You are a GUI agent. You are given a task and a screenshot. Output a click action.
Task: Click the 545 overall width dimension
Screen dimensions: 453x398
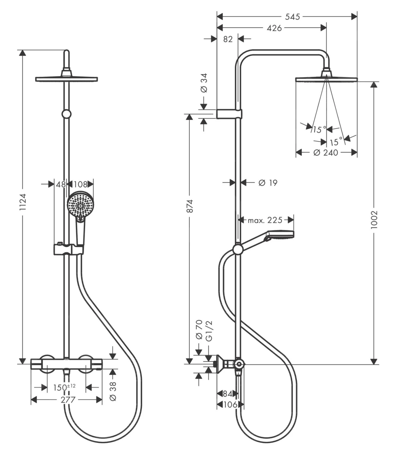click(292, 17)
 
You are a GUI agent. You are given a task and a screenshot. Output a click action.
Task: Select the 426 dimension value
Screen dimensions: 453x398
click(274, 28)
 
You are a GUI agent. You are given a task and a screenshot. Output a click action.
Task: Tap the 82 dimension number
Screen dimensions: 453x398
click(228, 39)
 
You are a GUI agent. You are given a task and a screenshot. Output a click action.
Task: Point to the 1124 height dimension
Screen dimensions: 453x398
click(23, 202)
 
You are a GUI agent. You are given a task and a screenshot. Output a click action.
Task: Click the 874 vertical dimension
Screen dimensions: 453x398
click(189, 206)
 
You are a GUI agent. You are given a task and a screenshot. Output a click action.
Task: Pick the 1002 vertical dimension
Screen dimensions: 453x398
click(374, 219)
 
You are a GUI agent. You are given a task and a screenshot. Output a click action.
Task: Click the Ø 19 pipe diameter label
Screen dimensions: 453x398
click(268, 183)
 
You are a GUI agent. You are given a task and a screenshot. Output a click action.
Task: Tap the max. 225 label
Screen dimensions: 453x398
click(265, 220)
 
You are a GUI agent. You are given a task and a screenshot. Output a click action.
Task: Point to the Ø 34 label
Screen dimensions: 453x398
click(204, 83)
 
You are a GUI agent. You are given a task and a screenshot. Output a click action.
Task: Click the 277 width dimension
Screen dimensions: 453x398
click(68, 399)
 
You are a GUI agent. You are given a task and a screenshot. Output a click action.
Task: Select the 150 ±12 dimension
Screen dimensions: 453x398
click(64, 388)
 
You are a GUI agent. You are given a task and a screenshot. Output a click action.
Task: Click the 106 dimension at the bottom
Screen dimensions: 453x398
click(230, 404)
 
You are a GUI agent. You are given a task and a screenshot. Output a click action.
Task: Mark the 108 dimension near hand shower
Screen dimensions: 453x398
click(80, 184)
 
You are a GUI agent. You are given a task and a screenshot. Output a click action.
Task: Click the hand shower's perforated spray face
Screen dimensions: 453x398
click(80, 204)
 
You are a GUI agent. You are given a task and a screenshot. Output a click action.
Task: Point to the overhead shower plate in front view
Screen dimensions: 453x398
click(67, 79)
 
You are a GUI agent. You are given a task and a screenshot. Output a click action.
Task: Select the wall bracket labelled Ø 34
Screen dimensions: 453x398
click(229, 114)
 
